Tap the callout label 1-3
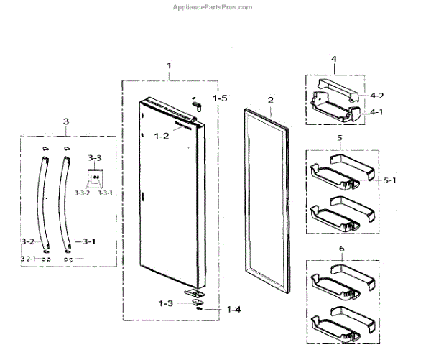point(166,303)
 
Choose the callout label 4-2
point(377,96)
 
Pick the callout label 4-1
point(377,111)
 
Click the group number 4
point(333,58)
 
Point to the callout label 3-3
point(95,156)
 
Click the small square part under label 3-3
point(95,175)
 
